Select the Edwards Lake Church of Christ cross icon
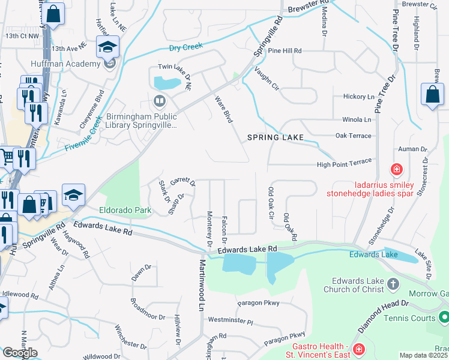(392, 283)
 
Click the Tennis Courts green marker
(444, 316)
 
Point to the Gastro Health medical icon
(358, 349)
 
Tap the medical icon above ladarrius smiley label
(396, 170)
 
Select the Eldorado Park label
(125, 211)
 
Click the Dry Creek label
(186, 46)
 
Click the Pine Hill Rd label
(285, 51)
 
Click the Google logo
(20, 352)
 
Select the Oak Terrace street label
(354, 136)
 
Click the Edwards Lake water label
(373, 254)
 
